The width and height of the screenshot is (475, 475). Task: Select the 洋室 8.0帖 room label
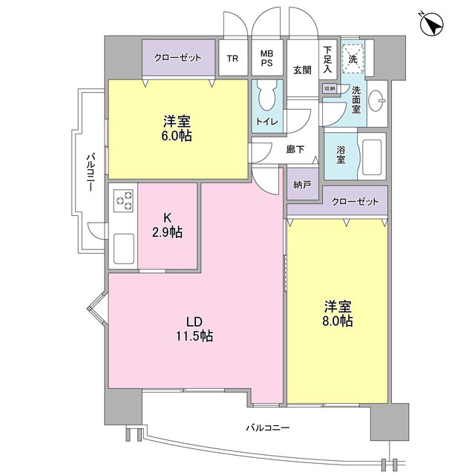(x=338, y=314)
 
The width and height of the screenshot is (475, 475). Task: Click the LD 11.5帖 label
(x=194, y=329)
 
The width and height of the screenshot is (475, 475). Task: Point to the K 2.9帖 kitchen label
(x=168, y=225)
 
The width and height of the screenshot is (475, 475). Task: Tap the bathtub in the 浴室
(x=371, y=157)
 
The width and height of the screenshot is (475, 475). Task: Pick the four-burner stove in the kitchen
(x=123, y=201)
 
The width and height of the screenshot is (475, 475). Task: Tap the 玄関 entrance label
(x=301, y=71)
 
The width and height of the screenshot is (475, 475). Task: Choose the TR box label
(x=232, y=59)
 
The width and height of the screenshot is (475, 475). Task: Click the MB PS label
(x=266, y=59)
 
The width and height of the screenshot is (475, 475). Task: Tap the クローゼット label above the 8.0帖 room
(x=353, y=201)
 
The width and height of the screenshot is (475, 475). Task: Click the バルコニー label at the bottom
(x=267, y=427)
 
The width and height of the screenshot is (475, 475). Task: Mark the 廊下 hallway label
(x=295, y=149)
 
